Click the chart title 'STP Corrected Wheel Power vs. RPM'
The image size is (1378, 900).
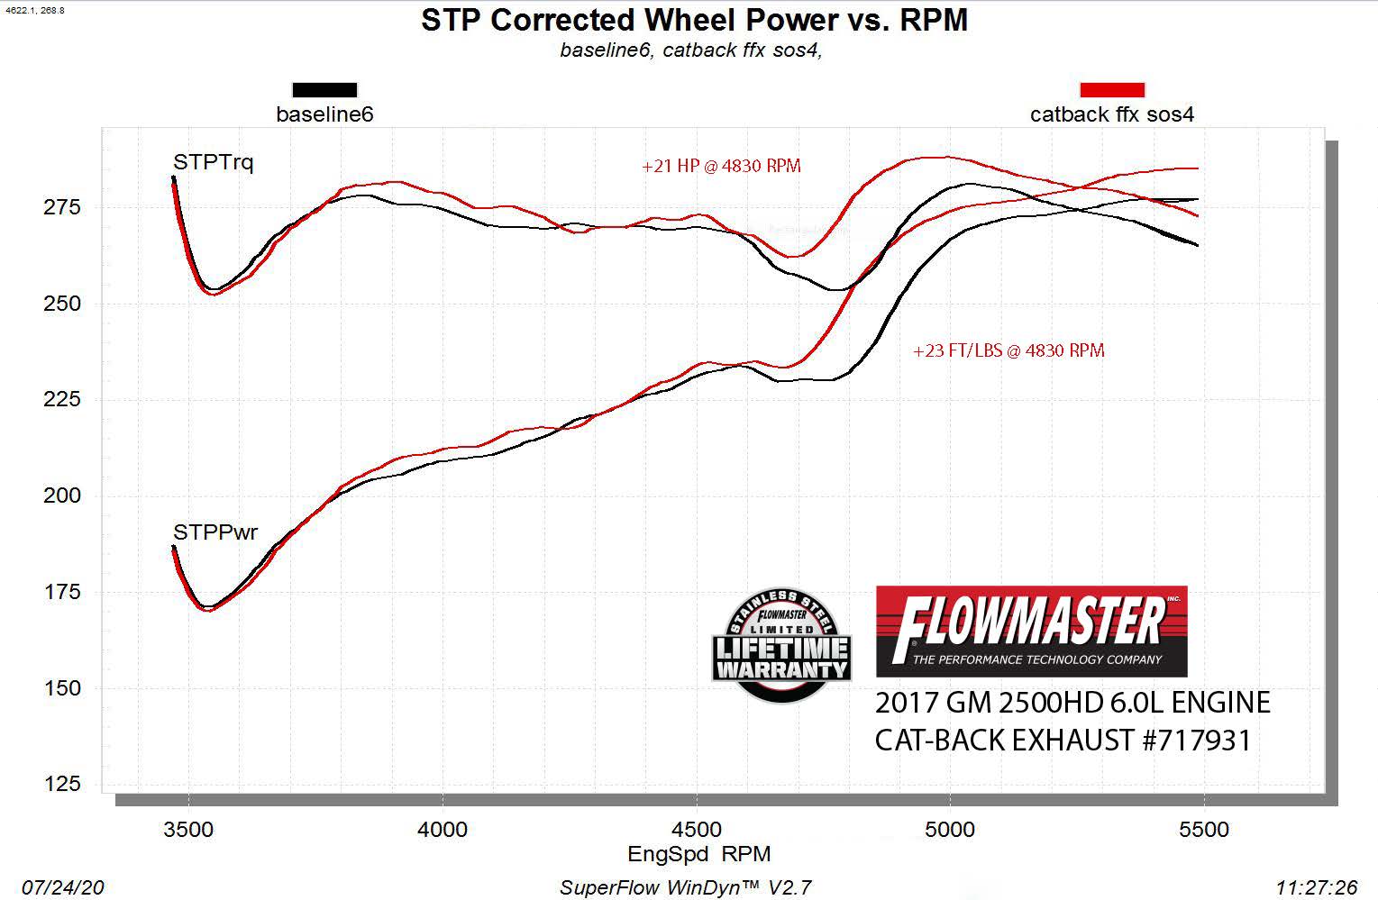[x=694, y=20]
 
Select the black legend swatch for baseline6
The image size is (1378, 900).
[x=324, y=90]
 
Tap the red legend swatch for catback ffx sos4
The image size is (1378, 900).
[x=1112, y=90]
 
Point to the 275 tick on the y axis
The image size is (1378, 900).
[x=62, y=207]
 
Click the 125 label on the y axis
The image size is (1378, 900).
[x=62, y=785]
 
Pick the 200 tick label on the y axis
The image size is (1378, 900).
[x=62, y=495]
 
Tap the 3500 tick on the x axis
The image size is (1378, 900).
[x=188, y=829]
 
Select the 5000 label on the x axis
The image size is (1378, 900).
[x=950, y=829]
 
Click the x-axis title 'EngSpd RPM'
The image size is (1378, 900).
[x=698, y=854]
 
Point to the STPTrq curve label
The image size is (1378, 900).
[x=214, y=162]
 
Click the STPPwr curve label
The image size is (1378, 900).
[x=215, y=532]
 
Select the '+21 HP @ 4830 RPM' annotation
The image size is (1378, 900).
[x=721, y=166]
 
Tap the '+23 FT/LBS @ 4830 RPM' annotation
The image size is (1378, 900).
[x=1008, y=350]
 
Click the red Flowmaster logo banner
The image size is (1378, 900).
[x=1031, y=632]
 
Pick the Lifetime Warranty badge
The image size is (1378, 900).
[x=781, y=645]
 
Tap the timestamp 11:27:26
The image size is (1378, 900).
[x=1316, y=887]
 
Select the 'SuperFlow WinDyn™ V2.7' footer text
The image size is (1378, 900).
[x=685, y=887]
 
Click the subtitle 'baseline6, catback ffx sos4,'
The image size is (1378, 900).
[x=690, y=50]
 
